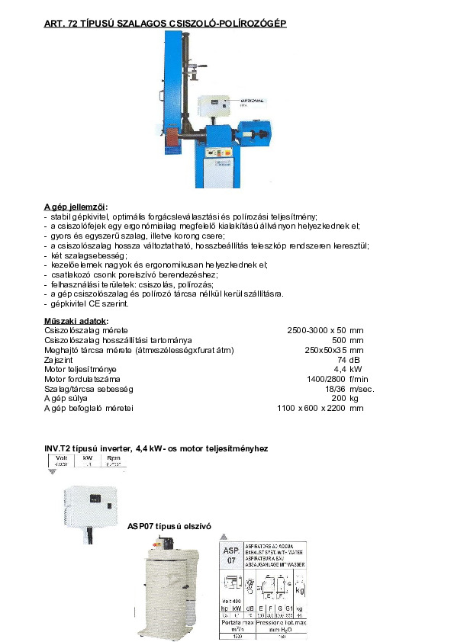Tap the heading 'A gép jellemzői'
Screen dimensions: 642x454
[x=76, y=207]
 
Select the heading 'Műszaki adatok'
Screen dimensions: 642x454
[x=76, y=320]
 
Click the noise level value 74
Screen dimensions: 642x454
[x=341, y=359]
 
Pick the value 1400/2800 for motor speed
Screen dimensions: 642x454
[x=327, y=379]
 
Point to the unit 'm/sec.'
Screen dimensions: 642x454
[x=362, y=389]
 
